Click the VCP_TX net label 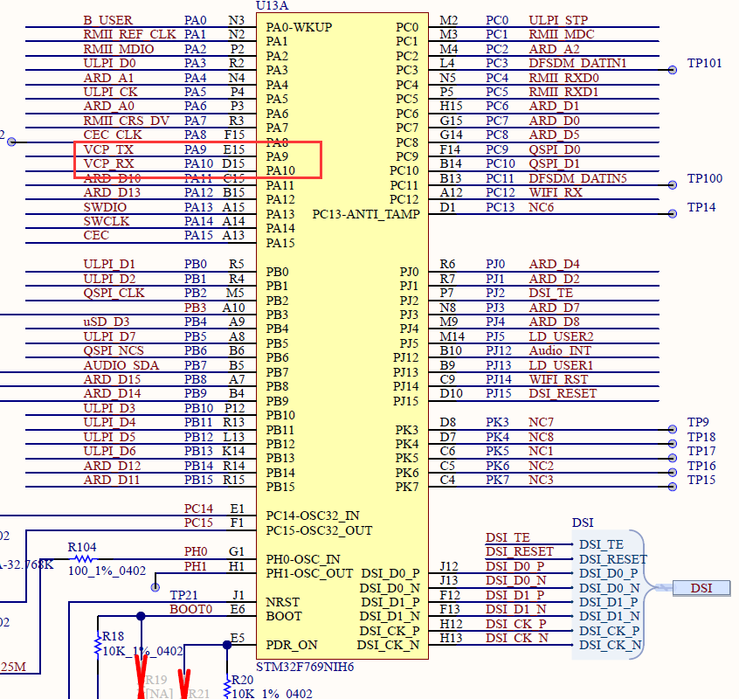coord(109,149)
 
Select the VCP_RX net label coord(109,163)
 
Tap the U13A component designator coord(272,6)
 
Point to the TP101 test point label coord(704,63)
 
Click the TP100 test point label coord(704,178)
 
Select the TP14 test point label coord(701,207)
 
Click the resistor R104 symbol coord(83,558)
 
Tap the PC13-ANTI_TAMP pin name coord(365,214)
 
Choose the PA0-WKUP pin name coord(298,26)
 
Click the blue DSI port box coord(701,588)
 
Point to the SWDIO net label coord(105,207)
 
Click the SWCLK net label coord(106,221)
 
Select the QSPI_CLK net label coord(114,293)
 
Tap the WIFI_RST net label coord(558,379)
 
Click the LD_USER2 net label coord(561,336)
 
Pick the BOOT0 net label coord(190,609)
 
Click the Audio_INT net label coord(559,350)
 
